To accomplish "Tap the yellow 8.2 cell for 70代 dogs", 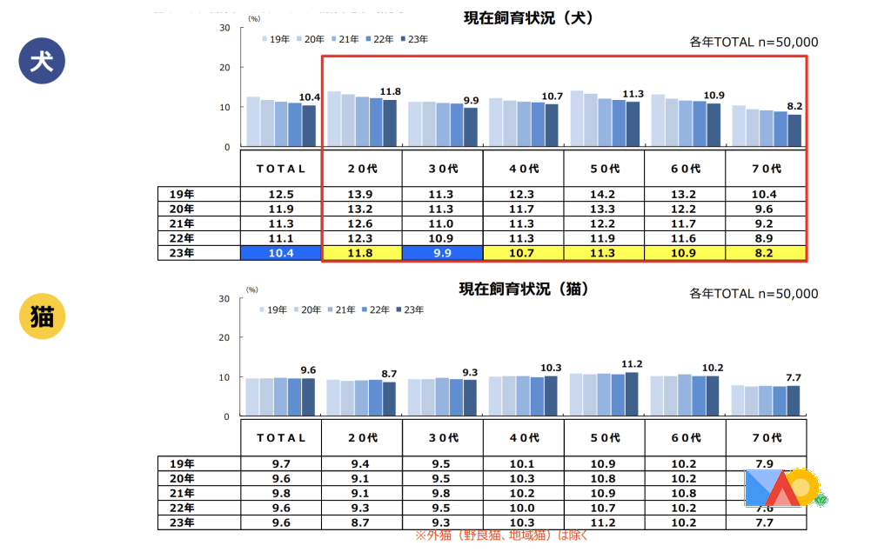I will click(765, 253).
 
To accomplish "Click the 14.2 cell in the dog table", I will click(604, 194).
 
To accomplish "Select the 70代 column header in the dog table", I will click(765, 168).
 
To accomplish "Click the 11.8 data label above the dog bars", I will click(390, 91).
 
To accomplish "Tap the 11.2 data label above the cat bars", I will click(632, 363).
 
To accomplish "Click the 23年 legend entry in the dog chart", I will click(412, 39).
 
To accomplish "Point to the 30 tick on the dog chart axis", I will click(224, 28).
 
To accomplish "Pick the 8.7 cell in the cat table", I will click(362, 522).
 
